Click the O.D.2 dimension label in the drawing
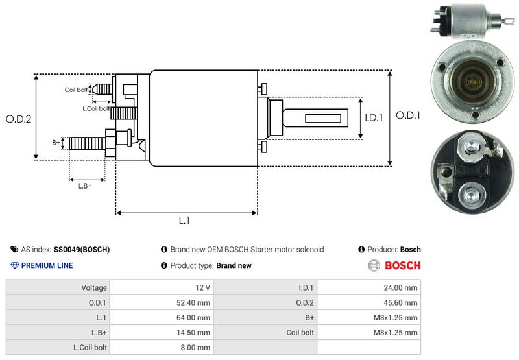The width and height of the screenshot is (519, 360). [19, 119]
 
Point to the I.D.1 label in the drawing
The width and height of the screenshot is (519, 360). [374, 118]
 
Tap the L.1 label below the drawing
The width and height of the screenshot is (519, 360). [184, 221]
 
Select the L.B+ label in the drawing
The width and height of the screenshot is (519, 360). [85, 186]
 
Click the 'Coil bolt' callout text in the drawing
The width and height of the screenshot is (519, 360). [76, 90]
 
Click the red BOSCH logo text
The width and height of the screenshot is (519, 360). [402, 265]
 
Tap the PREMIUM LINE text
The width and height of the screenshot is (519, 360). [47, 265]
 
